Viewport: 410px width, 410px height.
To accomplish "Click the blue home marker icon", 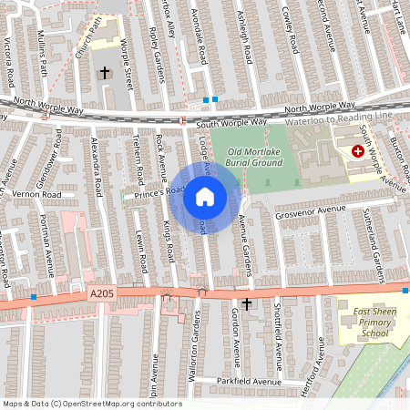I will point(205,197).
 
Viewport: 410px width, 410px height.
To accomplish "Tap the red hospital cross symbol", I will point(357,153).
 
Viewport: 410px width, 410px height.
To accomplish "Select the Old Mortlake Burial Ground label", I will point(255,157).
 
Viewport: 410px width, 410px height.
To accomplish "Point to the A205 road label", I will point(101,293).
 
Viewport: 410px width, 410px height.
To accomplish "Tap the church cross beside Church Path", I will point(105,71).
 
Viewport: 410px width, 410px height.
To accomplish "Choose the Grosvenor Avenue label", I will point(313,210).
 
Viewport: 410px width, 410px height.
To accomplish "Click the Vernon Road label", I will point(37,194).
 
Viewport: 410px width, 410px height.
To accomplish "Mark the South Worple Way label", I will point(231,121).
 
